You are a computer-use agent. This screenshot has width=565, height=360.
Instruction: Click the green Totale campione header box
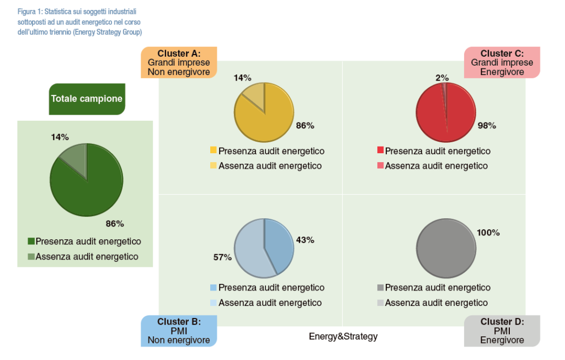(x=87, y=99)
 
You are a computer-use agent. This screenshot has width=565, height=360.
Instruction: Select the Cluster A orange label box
(x=179, y=62)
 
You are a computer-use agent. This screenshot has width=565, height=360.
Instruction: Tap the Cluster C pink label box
(x=502, y=62)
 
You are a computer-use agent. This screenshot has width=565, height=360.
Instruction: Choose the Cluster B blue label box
(x=179, y=331)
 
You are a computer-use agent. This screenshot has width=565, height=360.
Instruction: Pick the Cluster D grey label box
(x=502, y=331)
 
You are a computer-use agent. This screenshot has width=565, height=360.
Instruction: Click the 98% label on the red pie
(x=487, y=126)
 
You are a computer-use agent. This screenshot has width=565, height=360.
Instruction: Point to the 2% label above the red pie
(x=442, y=78)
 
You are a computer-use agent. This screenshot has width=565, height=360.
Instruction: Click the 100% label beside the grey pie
(x=488, y=233)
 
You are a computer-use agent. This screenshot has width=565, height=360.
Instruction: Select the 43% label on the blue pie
(x=305, y=240)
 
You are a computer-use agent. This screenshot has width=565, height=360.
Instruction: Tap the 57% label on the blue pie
(x=222, y=257)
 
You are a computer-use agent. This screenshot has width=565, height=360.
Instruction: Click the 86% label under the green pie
(x=115, y=224)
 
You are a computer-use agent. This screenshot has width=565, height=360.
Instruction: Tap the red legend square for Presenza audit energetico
(x=380, y=151)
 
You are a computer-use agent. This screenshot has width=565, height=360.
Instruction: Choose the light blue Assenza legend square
(x=213, y=303)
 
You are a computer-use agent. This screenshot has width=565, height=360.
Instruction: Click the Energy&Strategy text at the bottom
(x=343, y=336)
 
